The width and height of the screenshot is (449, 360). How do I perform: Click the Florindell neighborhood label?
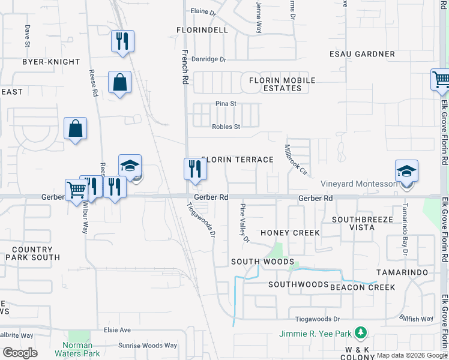tap(202, 29)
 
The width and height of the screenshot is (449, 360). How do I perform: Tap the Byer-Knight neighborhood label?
tap(51, 62)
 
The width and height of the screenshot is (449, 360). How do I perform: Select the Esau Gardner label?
tap(362, 54)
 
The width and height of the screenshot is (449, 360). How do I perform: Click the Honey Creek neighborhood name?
tap(290, 232)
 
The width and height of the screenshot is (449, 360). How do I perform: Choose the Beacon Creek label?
tap(363, 287)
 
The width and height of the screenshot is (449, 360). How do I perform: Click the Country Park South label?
tap(32, 253)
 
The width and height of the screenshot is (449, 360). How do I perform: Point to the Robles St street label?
tap(226, 127)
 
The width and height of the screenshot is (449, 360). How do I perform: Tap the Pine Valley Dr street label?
tap(244, 224)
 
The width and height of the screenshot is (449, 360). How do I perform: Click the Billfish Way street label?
tap(418, 319)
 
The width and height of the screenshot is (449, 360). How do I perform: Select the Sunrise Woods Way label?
tap(147, 346)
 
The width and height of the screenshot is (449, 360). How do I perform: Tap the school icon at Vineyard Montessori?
tap(406, 172)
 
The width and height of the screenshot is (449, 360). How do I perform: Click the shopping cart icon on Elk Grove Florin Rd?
tap(441, 79)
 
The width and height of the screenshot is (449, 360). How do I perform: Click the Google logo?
tap(20, 353)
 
